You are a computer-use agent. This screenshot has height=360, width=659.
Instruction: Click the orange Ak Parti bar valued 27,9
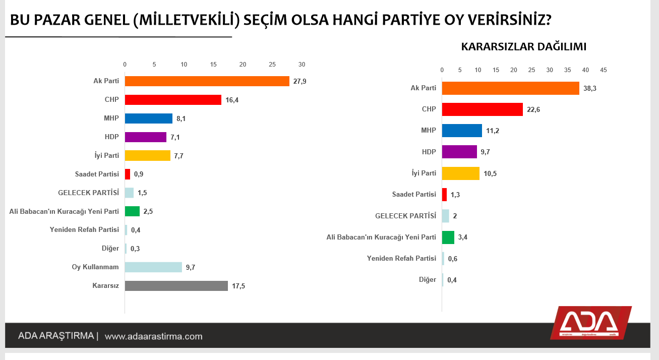pos(207,81)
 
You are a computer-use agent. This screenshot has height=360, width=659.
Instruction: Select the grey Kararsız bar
pos(176,286)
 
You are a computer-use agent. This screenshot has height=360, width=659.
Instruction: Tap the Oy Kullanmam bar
pos(153,267)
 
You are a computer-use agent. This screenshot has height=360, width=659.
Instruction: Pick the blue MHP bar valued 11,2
pos(462,131)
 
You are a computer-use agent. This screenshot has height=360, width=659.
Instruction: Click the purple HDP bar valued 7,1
pos(145,137)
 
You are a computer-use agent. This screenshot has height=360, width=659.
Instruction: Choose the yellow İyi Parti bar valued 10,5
pos(460,173)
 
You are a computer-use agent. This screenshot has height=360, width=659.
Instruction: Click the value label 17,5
pos(238,286)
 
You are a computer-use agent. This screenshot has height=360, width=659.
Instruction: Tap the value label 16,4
pos(232,100)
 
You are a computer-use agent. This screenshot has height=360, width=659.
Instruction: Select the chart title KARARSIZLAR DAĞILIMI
pos(523,47)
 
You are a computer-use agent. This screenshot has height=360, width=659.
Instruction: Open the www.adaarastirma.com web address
pos(154,336)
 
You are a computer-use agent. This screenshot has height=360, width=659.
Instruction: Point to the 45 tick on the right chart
pos(604,70)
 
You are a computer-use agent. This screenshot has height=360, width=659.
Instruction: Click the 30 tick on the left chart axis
pos(302,65)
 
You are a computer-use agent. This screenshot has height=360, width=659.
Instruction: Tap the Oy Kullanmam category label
pos(95,267)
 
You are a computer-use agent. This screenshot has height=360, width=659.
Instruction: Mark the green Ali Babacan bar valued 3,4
pos(448,237)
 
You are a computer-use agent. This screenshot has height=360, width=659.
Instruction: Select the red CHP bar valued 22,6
pos(482,109)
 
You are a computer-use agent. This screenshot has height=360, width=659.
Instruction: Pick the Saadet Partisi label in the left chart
pos(97,174)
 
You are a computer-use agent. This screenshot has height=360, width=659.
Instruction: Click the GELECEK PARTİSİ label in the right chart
pos(406,216)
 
